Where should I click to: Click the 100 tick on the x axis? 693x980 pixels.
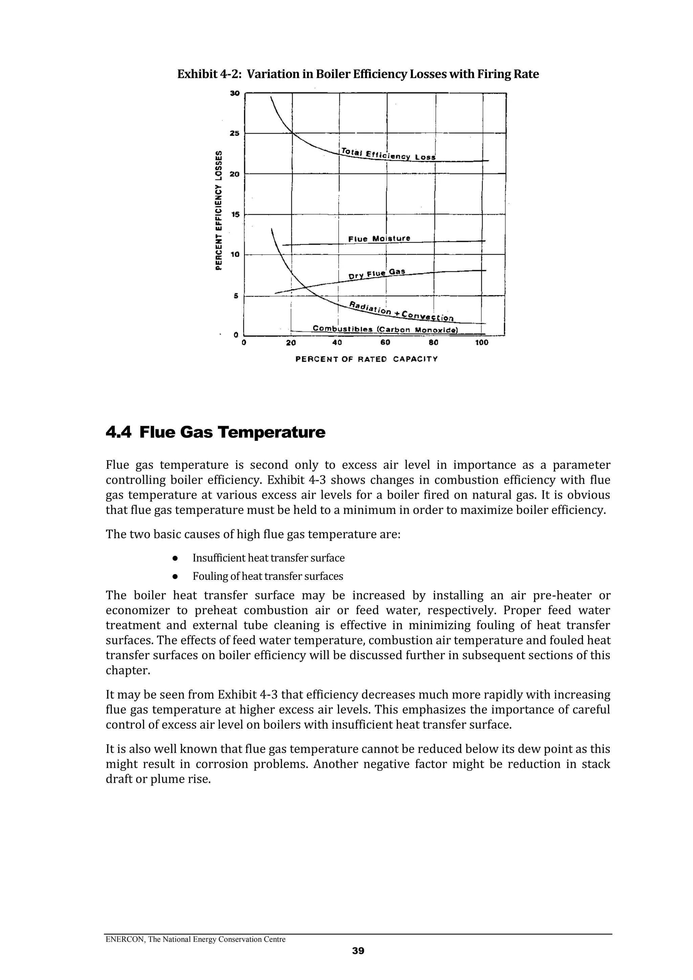[x=482, y=343]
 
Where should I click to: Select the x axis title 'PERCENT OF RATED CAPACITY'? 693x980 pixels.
[x=366, y=359]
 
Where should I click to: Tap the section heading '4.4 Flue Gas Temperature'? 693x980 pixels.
[x=215, y=432]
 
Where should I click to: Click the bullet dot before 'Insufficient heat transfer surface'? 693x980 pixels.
[x=175, y=558]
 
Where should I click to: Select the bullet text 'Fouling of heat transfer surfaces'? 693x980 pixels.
[x=268, y=576]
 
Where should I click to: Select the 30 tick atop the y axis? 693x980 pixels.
[x=235, y=93]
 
